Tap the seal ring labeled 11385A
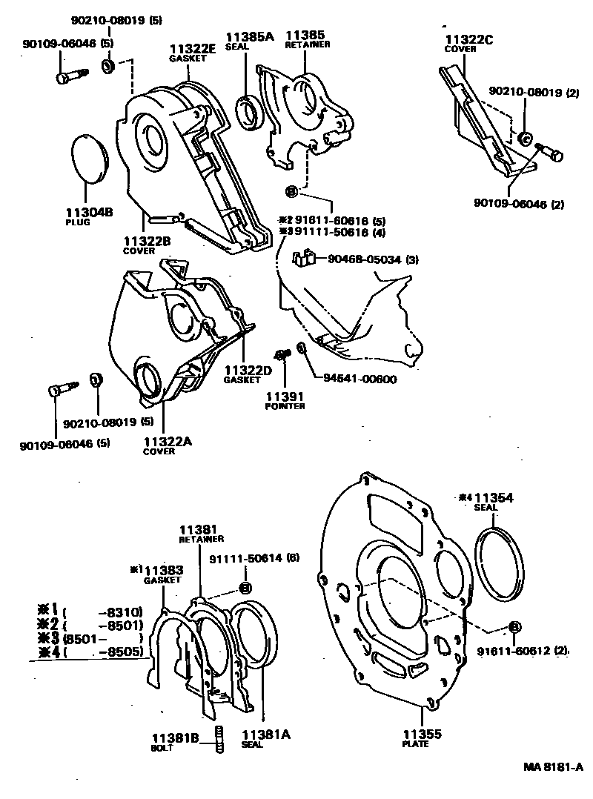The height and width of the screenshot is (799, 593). (248, 110)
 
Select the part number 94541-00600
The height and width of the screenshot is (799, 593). (360, 379)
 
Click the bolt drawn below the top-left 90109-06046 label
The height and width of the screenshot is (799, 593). (71, 76)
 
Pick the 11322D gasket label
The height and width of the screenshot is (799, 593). (248, 370)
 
